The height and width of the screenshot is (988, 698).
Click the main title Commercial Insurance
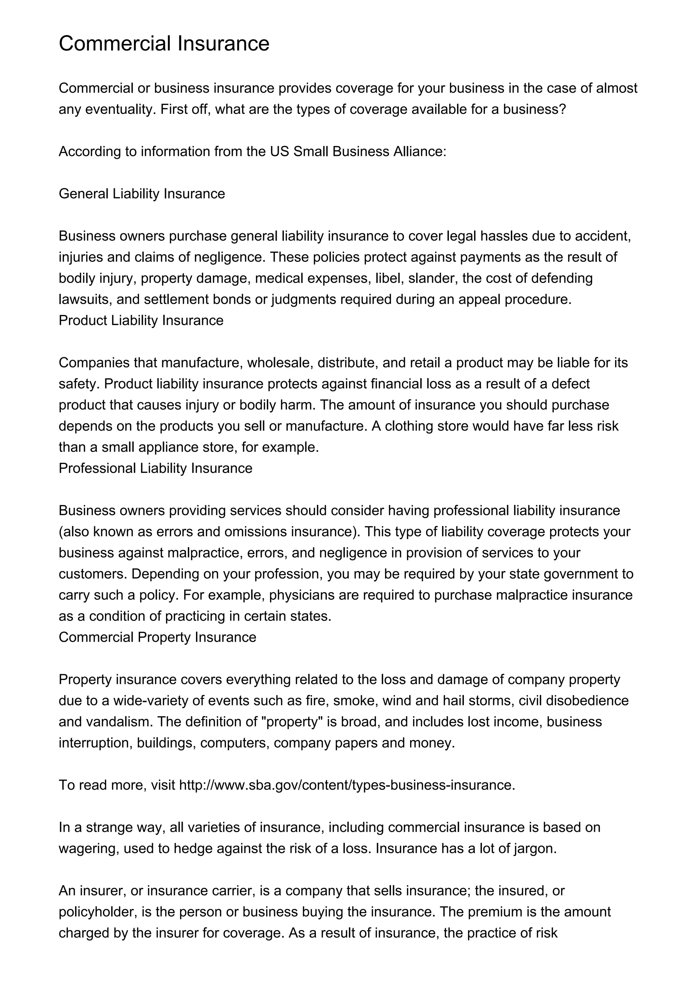(164, 43)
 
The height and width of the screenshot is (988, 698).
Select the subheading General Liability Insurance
(141, 194)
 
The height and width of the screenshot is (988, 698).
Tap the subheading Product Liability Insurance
(141, 320)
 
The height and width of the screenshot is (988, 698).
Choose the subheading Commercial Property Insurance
(157, 637)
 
